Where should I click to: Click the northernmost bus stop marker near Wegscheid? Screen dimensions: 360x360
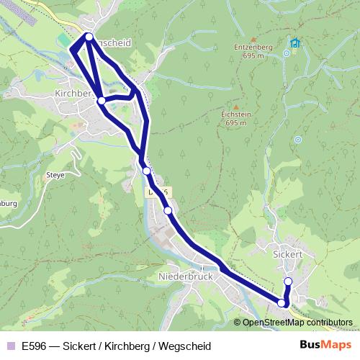click(x=89, y=36)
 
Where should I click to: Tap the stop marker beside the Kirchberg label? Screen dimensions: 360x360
click(x=102, y=101)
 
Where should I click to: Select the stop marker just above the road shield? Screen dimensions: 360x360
click(x=146, y=171)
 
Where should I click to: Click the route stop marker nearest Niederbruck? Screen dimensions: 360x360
click(x=168, y=210)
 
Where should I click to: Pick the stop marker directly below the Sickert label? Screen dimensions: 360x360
click(x=288, y=282)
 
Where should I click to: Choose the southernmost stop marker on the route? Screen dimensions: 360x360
click(x=282, y=304)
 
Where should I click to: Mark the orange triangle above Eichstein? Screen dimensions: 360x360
click(x=235, y=105)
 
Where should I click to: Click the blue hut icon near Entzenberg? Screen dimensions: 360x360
click(x=294, y=42)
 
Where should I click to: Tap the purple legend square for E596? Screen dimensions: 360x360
click(x=9, y=345)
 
